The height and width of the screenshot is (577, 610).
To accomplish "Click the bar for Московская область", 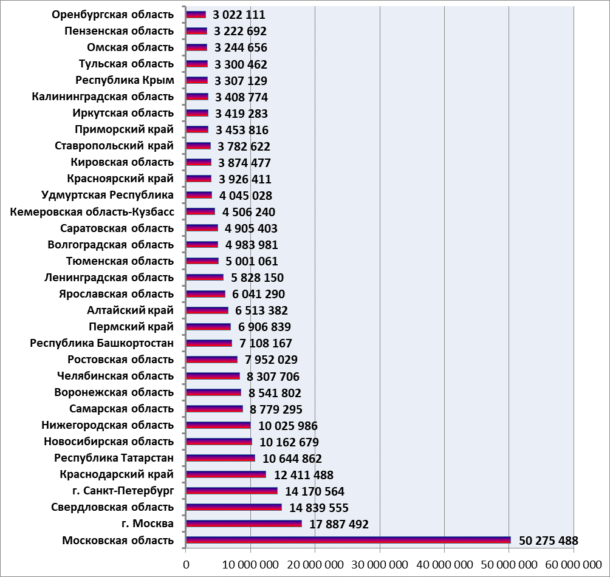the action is click(348, 540).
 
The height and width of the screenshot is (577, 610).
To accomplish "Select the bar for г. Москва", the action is click(244, 524).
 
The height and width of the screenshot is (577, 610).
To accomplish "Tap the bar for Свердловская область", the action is click(234, 507).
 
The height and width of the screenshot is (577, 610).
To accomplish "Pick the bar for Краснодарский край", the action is click(226, 474).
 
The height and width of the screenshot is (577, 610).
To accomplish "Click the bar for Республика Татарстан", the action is click(221, 458).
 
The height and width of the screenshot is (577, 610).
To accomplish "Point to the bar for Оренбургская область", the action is click(196, 15).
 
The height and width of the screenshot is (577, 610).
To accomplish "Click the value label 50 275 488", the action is click(549, 541).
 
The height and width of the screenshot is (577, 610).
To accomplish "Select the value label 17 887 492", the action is click(339, 524).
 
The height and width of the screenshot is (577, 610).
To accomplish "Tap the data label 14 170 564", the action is click(315, 491).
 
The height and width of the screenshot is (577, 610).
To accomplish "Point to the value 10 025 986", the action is click(288, 426).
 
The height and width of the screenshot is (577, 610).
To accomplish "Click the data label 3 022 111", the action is click(239, 15).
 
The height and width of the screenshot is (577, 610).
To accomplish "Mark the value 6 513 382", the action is click(261, 310).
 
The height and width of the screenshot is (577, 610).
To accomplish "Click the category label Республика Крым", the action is click(125, 80).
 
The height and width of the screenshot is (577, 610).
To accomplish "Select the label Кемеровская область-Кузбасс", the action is click(92, 212).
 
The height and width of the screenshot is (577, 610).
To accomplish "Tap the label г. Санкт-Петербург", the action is click(123, 491).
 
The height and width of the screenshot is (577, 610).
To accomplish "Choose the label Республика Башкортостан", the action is click(102, 343).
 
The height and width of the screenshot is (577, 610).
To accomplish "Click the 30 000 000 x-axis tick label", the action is click(380, 565).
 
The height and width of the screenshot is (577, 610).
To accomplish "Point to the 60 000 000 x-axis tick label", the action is click(574, 565).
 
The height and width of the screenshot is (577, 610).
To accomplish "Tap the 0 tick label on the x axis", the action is click(186, 565).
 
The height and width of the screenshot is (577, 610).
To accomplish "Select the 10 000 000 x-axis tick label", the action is click(250, 565).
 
